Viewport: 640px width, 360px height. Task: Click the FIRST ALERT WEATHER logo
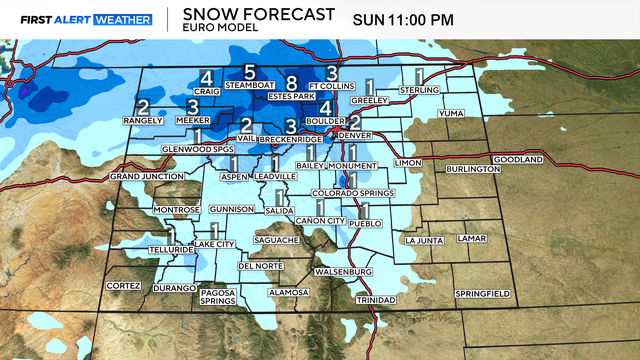pos(87,19)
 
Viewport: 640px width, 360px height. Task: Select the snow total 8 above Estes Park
pos(291,83)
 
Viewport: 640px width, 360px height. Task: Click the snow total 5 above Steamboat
pos(250,72)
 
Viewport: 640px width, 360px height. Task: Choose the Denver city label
pos(355,135)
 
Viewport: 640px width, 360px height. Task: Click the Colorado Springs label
pos(348,192)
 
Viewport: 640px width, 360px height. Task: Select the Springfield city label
pos(482,293)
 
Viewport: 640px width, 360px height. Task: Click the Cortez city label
pos(124,285)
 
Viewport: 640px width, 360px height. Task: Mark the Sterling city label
pos(420,90)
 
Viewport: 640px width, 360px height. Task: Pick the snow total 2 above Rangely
pos(143,107)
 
